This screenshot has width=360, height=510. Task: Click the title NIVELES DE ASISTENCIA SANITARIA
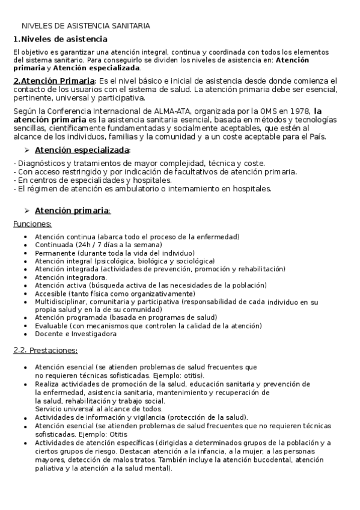point(86,26)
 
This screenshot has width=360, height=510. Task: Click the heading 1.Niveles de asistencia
point(60,39)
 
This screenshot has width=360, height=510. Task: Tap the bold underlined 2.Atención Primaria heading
point(54,81)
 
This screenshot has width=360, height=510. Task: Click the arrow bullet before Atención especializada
point(26,150)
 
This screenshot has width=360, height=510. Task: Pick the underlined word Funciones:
point(32,224)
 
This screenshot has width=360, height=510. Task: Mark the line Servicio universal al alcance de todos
point(90,409)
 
